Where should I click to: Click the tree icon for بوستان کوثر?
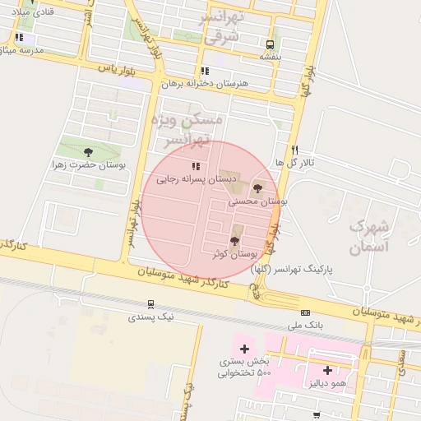(235, 241)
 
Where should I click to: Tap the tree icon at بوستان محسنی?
(257, 188)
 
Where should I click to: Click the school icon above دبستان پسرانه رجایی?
(195, 166)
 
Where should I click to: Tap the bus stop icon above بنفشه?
(270, 44)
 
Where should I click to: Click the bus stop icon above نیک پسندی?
(150, 304)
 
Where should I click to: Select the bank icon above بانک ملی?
(305, 312)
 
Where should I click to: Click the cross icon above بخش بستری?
(244, 349)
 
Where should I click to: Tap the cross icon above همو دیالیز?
(327, 370)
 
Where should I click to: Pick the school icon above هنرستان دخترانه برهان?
(205, 71)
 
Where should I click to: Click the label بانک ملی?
(306, 326)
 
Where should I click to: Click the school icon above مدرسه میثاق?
(19, 38)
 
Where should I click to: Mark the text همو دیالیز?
(327, 383)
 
